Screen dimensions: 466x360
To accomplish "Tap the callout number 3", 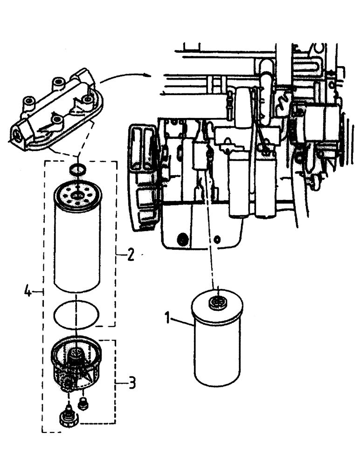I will click(132, 384).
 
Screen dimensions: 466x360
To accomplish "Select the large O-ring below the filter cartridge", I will click(76, 314).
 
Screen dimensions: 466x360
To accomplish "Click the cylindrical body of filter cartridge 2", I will click(76, 247).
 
